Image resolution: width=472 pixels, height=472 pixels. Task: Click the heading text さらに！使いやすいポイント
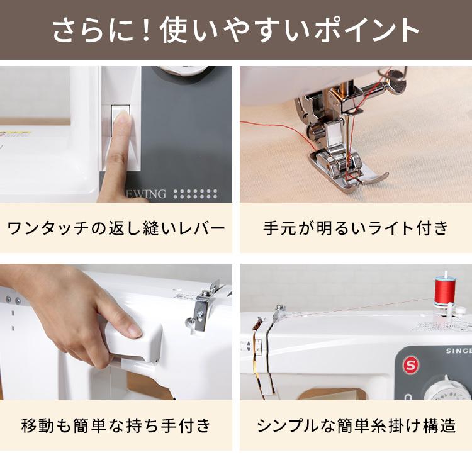(236, 30)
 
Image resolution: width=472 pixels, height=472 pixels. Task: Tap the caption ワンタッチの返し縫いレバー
(116, 227)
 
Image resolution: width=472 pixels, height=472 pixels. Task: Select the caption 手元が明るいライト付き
(356, 227)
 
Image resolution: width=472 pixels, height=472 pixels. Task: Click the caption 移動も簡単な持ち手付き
(116, 426)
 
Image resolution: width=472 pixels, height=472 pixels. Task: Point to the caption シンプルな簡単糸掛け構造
(356, 426)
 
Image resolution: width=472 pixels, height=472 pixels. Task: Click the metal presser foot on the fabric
(343, 170)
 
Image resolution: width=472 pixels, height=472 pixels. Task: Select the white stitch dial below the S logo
(448, 393)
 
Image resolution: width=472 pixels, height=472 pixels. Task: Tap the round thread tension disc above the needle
(396, 80)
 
